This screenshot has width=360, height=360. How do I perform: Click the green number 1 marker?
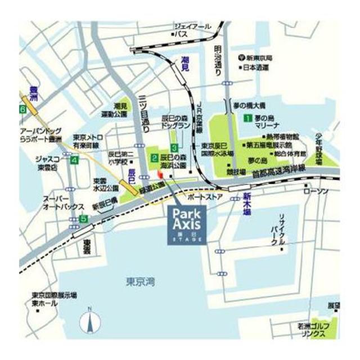pyautogui.click(x=247, y=119)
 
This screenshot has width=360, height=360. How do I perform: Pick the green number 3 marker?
pyautogui.click(x=175, y=147)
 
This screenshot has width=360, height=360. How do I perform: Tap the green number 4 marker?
pyautogui.click(x=75, y=160)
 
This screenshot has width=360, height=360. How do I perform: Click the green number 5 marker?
pyautogui.click(x=83, y=218)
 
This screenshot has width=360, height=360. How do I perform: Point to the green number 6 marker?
pyautogui.click(x=23, y=109)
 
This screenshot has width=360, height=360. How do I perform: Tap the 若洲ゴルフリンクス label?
pyautogui.click(x=312, y=330)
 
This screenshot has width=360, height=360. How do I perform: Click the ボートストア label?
pyautogui.click(x=205, y=198)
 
